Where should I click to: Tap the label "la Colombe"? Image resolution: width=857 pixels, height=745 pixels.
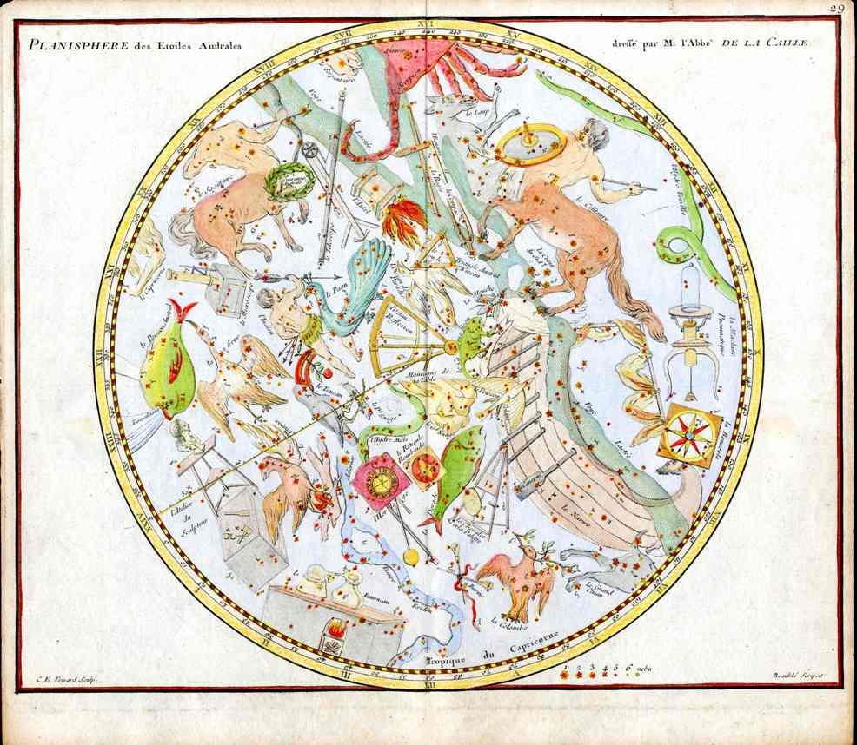508,620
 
